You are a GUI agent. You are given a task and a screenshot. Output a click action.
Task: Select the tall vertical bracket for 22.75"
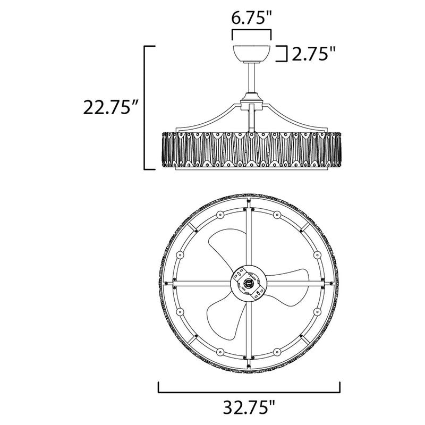[x=147, y=108]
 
